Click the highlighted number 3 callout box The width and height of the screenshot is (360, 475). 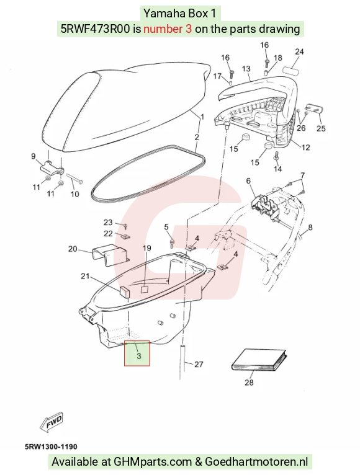(x=137, y=353)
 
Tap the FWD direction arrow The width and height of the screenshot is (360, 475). (x=52, y=421)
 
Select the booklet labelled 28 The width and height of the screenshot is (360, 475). (x=259, y=360)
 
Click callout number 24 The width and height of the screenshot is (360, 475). (x=299, y=52)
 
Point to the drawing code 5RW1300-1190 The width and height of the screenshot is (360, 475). (x=51, y=446)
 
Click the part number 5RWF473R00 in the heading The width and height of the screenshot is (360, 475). (x=96, y=29)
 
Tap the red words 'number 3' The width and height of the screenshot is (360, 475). (x=168, y=29)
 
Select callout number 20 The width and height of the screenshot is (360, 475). (x=73, y=249)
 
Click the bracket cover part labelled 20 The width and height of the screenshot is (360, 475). (x=110, y=254)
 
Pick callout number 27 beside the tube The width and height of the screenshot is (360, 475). (x=199, y=364)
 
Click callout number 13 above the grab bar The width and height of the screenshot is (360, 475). (x=246, y=69)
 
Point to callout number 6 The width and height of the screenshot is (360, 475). (x=248, y=181)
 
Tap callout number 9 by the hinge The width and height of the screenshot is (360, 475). (x=34, y=156)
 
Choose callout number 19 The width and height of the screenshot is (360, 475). (x=146, y=249)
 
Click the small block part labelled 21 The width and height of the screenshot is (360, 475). (x=124, y=291)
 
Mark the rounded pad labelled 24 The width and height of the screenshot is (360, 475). (x=290, y=70)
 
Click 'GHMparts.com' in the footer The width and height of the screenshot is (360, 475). (x=153, y=462)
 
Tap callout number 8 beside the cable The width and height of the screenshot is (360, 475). (x=310, y=227)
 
